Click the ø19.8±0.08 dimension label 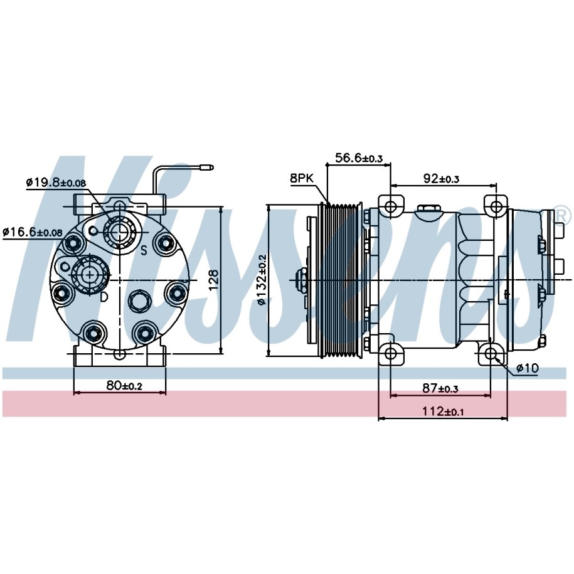[x=56, y=182]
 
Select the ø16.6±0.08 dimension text [x=32, y=231]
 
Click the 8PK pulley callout [x=302, y=178]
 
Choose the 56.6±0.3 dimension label [x=359, y=158]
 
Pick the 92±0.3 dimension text [x=441, y=179]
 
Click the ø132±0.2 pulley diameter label [x=262, y=280]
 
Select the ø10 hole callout [x=527, y=368]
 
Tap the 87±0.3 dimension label [x=440, y=388]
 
